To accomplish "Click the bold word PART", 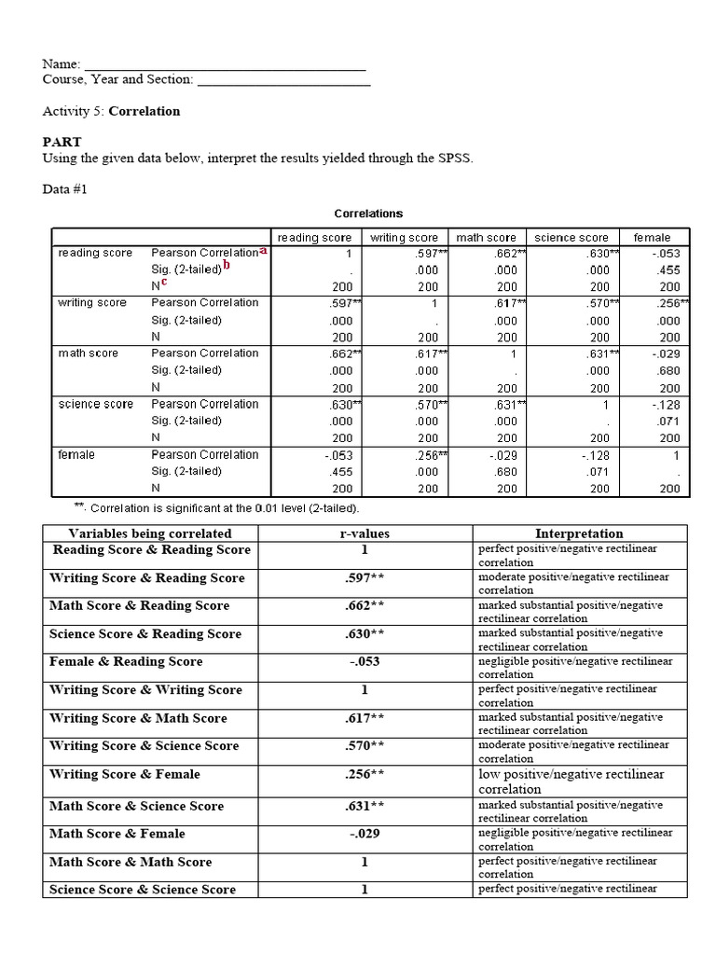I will (x=62, y=142).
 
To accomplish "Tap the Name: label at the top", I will (x=62, y=64).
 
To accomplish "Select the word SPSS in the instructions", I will (x=454, y=159).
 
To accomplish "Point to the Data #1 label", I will (x=67, y=189).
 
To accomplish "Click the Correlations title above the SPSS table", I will (x=368, y=214).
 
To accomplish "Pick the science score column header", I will (x=571, y=238).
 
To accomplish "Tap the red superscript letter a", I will (x=263, y=250).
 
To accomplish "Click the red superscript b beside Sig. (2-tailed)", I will (x=227, y=266).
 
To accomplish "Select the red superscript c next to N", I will (x=164, y=282).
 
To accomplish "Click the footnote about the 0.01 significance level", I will (x=217, y=508).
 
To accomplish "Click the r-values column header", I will (x=365, y=533).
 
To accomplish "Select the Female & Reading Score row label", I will (x=126, y=662).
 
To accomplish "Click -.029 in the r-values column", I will (x=365, y=834).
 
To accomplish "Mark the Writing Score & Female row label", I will (x=125, y=774).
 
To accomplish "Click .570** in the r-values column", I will (x=365, y=746).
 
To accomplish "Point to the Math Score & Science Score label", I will (x=136, y=806).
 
